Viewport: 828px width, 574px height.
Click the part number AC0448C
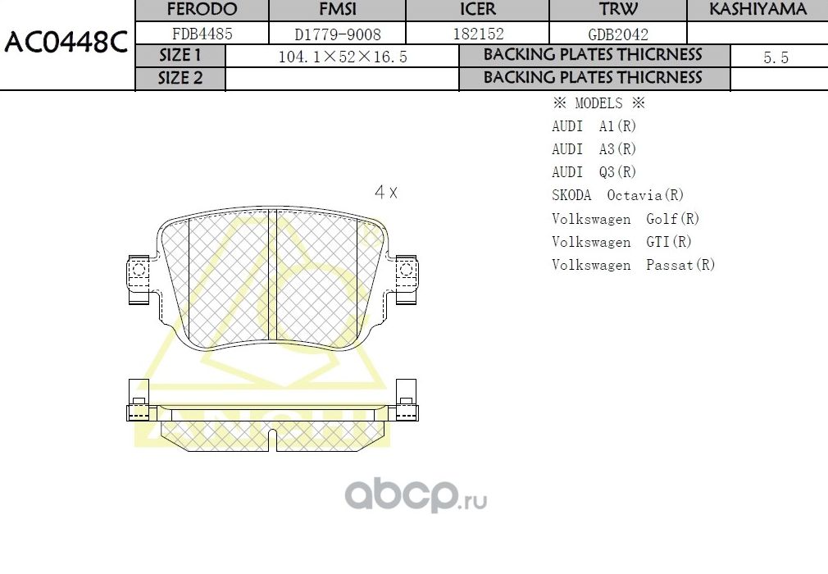click(x=66, y=43)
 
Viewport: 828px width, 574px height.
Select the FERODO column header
click(x=202, y=10)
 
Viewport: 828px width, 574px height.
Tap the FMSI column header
click(x=338, y=10)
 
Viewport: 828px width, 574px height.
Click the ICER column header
click(x=478, y=10)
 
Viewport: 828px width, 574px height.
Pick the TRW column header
click(x=618, y=10)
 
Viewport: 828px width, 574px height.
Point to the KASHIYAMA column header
click(x=757, y=10)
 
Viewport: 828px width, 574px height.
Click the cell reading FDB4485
click(x=202, y=34)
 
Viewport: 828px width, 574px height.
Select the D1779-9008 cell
click(x=338, y=34)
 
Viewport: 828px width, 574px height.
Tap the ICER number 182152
click(x=478, y=34)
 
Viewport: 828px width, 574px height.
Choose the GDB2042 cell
click(x=618, y=34)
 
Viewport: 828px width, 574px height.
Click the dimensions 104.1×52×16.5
click(x=343, y=57)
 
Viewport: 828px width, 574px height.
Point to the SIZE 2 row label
click(x=180, y=79)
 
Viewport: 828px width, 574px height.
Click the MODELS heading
click(x=598, y=103)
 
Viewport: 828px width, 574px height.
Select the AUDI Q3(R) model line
click(x=594, y=172)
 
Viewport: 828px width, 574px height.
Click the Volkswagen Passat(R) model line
click(x=633, y=265)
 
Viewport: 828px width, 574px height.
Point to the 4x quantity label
click(x=385, y=193)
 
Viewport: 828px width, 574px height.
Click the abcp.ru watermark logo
click(x=416, y=495)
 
